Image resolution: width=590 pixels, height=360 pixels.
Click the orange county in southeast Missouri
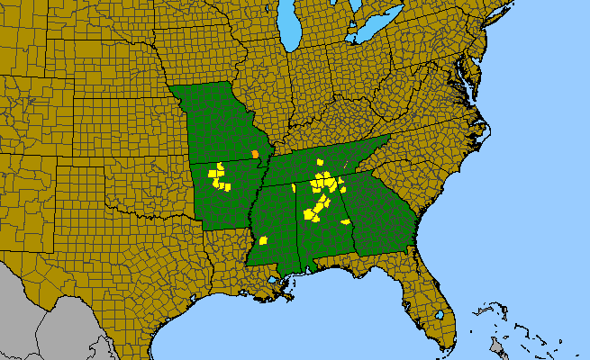tap(255, 154)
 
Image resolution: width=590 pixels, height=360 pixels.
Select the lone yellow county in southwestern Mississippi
tap(264, 240)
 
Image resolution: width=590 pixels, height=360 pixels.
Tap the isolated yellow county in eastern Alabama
tap(345, 220)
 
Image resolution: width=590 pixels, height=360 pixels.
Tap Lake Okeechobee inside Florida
tap(439, 315)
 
